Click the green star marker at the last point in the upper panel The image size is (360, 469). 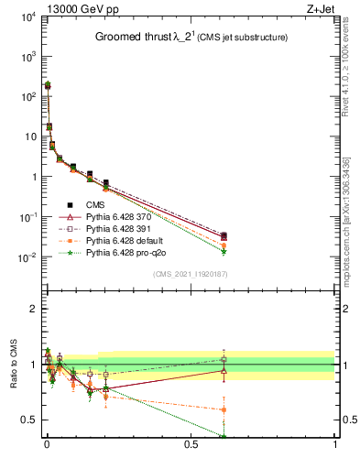coord(224,251)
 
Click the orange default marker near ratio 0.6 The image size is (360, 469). coord(224,409)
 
